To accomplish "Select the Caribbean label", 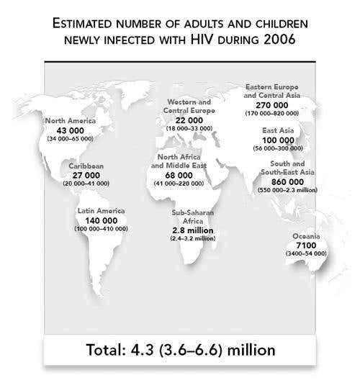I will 86,166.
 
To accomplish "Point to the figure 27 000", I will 86,174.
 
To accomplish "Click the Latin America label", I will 101,211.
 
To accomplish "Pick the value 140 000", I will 101,220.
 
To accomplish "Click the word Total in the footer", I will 109,353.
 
